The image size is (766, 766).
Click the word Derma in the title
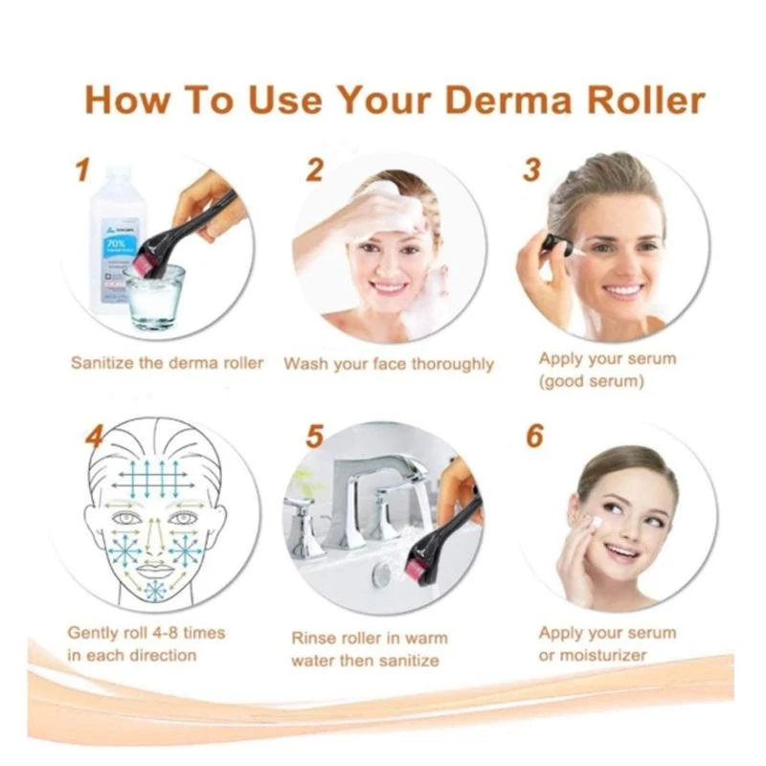click(508, 101)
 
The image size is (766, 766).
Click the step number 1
click(82, 170)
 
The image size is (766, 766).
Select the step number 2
click(314, 170)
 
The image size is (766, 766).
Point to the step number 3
click(531, 170)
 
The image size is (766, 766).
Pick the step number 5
click(314, 437)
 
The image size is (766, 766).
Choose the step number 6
click(534, 436)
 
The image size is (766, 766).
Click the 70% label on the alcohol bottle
click(115, 243)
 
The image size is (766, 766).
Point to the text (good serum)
click(591, 381)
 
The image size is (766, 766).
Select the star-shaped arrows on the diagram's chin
click(155, 591)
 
